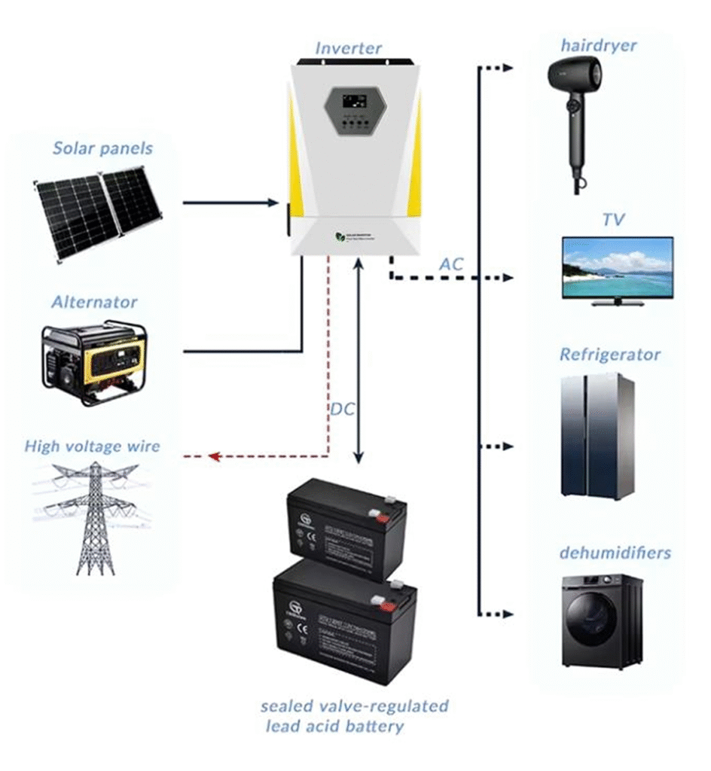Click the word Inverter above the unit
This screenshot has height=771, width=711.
(348, 49)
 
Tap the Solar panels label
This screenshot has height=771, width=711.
(102, 148)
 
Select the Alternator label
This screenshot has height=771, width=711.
(94, 302)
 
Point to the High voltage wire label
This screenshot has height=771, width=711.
(92, 446)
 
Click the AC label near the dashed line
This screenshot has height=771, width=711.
(451, 264)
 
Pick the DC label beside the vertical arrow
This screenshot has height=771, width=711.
(342, 410)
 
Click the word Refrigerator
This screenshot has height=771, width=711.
(609, 354)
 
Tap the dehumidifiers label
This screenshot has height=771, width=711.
(615, 553)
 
